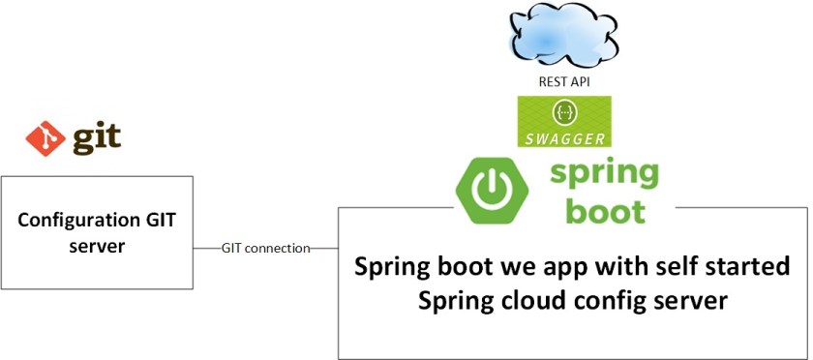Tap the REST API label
[x=563, y=82]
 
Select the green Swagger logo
[x=563, y=121]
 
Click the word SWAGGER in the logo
[x=563, y=137]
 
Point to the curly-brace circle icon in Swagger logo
[x=563, y=113]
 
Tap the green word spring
[x=605, y=175]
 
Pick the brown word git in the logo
[x=98, y=137]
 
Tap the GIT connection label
[x=265, y=249]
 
